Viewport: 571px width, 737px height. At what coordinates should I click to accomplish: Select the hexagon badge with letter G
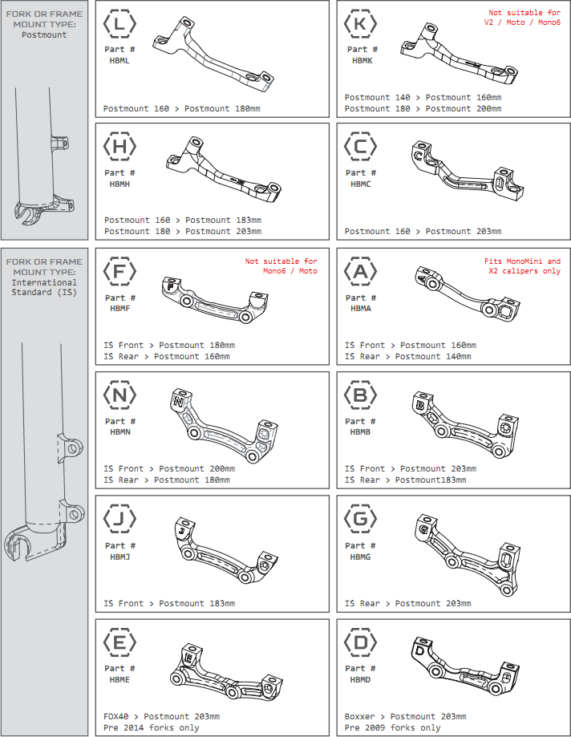point(360,520)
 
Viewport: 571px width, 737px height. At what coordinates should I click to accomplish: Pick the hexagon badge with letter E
point(120,643)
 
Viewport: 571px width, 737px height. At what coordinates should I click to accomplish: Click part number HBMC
point(360,184)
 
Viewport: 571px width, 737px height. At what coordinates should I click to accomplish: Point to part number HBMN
point(120,431)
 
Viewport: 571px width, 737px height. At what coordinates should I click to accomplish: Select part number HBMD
point(360,679)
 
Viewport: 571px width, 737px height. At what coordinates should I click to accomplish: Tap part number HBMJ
point(120,556)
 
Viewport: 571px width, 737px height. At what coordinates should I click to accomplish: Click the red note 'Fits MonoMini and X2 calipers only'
point(522,266)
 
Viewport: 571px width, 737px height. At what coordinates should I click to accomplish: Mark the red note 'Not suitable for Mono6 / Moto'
point(281,266)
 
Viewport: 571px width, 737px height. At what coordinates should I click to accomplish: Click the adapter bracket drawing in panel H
point(221,167)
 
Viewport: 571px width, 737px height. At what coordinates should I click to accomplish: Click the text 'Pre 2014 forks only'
point(152,727)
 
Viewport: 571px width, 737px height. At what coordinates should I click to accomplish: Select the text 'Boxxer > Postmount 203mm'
point(405,716)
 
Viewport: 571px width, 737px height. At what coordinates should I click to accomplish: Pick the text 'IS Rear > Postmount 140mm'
point(407,356)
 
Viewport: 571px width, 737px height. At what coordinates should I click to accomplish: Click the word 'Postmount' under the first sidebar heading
point(44,35)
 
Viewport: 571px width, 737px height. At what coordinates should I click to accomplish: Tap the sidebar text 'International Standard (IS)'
point(44,287)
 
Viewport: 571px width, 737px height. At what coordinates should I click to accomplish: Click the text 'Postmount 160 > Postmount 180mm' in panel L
point(181,107)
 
